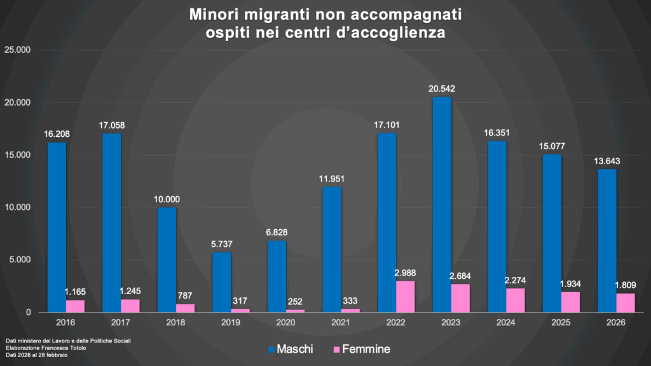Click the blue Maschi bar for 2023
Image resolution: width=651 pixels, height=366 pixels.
tap(441, 204)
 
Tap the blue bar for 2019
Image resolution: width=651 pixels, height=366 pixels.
tap(221, 282)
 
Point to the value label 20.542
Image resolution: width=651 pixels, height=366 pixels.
tap(442, 88)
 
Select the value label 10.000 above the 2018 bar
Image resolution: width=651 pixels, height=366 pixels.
tap(167, 199)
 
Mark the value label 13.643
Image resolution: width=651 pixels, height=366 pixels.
tap(606, 161)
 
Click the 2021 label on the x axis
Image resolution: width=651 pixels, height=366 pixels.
tap(340, 323)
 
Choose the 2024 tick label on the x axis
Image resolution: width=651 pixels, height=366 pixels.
tap(506, 323)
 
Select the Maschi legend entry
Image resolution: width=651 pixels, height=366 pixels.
tap(291, 349)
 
